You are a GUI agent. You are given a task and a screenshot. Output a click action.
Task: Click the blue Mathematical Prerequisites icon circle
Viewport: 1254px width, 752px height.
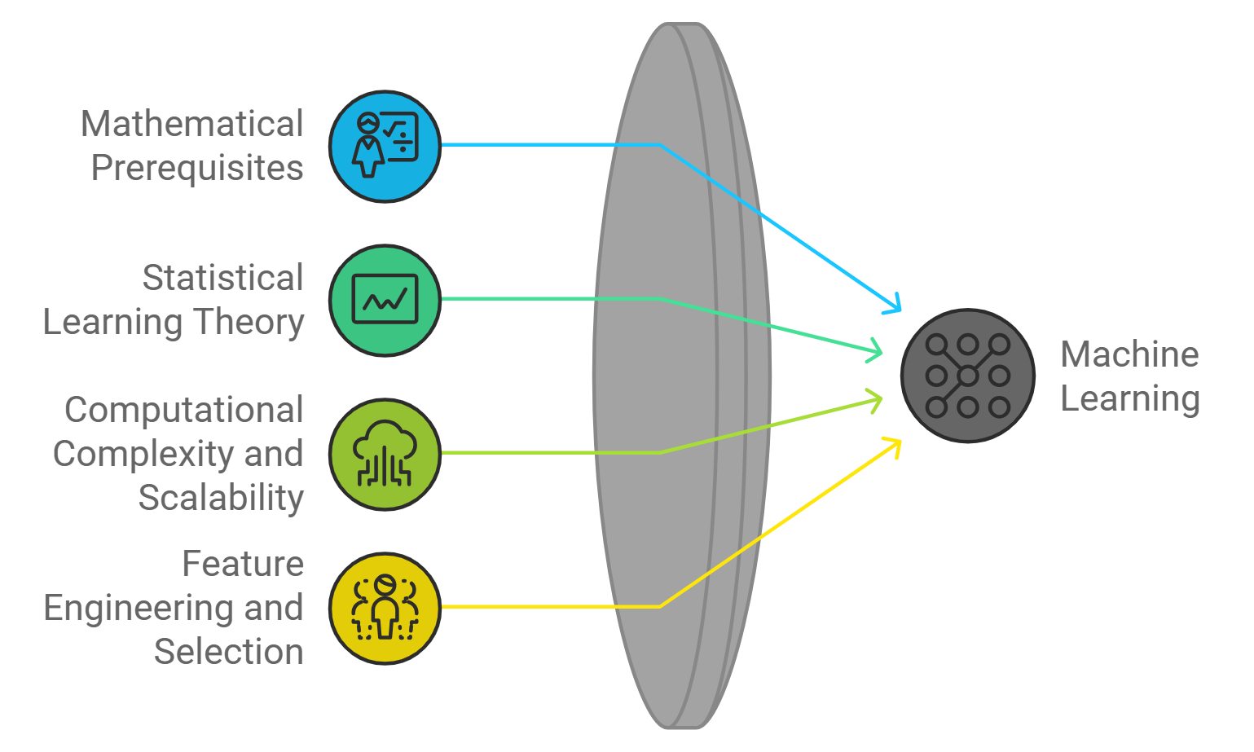point(385,147)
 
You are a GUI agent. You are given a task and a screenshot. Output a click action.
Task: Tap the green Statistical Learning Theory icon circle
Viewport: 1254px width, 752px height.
point(385,300)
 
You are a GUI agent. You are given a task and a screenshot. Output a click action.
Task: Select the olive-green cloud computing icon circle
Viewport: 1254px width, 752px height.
point(385,454)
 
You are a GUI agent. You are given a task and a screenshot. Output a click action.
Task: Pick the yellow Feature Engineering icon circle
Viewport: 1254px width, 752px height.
point(385,608)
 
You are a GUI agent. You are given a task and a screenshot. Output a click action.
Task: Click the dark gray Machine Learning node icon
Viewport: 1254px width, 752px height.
point(967,376)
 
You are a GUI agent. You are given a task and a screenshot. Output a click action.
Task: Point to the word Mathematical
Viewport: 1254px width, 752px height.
point(192,125)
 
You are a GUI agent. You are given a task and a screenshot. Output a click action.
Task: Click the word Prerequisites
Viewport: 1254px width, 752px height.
point(197,168)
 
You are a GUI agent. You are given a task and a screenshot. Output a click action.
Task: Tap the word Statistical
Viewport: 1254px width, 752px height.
point(222,278)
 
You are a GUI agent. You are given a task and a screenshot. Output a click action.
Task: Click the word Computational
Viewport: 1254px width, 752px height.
point(184,410)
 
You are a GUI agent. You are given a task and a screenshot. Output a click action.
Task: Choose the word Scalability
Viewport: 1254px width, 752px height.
point(221,498)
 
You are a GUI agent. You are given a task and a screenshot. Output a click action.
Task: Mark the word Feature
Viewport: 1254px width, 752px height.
point(243,564)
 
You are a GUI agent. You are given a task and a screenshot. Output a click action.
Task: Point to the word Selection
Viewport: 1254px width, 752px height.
point(229,652)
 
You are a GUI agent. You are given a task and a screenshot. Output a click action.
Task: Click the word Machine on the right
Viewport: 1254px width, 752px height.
point(1129,354)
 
